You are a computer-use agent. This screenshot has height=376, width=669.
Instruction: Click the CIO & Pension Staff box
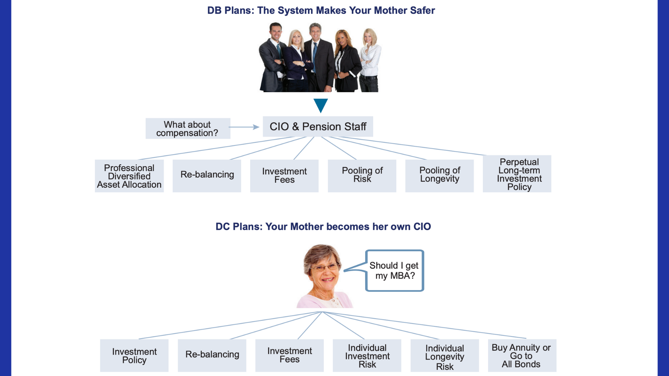pos(318,126)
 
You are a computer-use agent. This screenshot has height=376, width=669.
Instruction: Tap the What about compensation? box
pos(187,128)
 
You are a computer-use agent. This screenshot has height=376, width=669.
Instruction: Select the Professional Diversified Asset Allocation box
pos(129,176)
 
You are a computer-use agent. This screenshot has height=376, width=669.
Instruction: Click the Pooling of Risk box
pos(362,176)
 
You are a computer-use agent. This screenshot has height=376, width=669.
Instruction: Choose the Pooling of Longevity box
pos(439,176)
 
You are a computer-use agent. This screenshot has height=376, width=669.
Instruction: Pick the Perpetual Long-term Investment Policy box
pos(517,174)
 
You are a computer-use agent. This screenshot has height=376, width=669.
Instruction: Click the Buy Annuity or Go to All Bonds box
pos(522,355)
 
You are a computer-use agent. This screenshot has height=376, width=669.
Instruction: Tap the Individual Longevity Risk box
pos(445,355)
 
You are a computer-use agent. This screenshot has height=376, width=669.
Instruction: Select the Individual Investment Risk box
pos(367,355)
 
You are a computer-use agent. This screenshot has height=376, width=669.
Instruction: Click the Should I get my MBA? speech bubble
pos(394,271)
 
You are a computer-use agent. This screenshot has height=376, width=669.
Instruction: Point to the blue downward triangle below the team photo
pos(321,105)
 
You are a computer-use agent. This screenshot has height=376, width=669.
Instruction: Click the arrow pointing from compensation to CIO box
pos(244,127)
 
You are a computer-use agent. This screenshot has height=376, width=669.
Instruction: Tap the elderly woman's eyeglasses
pos(324,267)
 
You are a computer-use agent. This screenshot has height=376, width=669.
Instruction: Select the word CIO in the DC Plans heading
pos(422,227)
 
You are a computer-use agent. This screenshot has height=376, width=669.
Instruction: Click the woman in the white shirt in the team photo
pos(370,59)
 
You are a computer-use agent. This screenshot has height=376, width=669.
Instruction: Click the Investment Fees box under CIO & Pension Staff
pos(284,176)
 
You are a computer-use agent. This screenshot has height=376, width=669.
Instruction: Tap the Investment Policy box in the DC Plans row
pos(134,355)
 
